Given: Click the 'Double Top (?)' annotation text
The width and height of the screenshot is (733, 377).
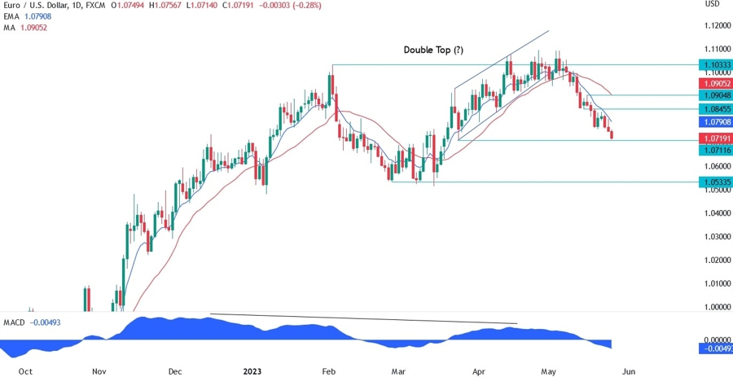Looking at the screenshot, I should tap(433, 50).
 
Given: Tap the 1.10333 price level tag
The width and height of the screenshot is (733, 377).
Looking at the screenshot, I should tap(714, 64).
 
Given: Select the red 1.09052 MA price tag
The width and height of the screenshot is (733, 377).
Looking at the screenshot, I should tap(714, 84).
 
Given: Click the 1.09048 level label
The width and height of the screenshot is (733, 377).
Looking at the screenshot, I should tap(714, 95).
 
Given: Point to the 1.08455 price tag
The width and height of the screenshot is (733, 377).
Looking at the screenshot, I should tap(714, 108).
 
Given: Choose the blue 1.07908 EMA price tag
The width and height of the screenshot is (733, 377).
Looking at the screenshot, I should tap(714, 121).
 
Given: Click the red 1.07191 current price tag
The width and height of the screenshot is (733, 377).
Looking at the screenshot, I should tap(714, 139).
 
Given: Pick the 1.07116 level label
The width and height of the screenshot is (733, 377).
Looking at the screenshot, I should tap(714, 151).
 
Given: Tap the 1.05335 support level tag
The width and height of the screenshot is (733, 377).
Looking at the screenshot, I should tap(714, 182).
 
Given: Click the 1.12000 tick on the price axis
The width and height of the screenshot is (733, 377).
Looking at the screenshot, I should tap(714, 26).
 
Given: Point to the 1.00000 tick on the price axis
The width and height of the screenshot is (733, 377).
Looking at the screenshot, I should tap(714, 307).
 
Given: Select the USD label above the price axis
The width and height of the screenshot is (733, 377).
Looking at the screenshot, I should tap(712, 4).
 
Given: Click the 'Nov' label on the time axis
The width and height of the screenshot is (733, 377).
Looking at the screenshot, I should tap(99, 370).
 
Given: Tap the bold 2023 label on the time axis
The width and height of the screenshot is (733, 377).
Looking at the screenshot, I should tap(253, 370).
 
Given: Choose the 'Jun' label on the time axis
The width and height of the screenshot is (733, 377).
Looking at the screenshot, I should tap(628, 370).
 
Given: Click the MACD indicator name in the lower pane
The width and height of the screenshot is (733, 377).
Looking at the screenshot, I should tap(15, 323).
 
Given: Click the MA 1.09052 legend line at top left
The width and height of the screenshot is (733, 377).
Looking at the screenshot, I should tap(26, 27).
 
